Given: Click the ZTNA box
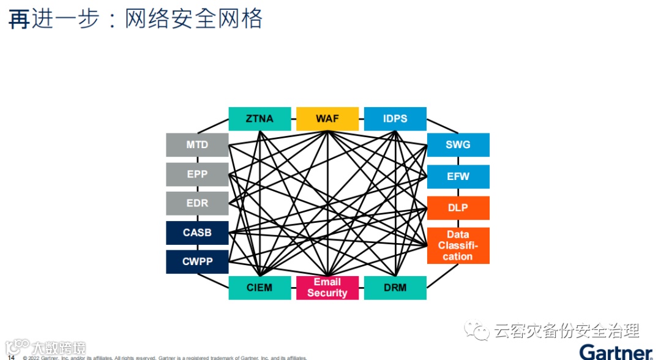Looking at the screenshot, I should coord(260,119).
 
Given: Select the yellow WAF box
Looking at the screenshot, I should coord(327,119).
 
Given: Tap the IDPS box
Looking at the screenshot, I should coord(395,119).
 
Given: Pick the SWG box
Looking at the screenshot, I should coord(458,145).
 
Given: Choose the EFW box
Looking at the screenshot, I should coord(458,176).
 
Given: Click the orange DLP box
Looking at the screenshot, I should coord(458,208).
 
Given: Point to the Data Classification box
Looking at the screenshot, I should coord(458,246).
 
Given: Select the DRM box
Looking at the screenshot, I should coord(395,288).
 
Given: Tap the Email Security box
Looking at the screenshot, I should coord(327,288).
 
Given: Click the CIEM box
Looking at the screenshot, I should coord(260,288).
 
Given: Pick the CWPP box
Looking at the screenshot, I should coord(197,261).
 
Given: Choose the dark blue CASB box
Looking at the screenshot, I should coord(197,233).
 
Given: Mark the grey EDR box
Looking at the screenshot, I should coord(197,203).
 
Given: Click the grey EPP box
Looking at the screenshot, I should coord(197,174).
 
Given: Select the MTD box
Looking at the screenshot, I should coord(197,145).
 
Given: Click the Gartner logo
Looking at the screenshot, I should coord(615,352).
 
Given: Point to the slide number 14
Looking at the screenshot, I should coord(11,357).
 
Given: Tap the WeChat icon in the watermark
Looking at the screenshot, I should coord(476,331).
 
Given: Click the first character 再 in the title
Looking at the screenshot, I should coord(18,20).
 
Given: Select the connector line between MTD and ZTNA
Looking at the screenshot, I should coord(214,126).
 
